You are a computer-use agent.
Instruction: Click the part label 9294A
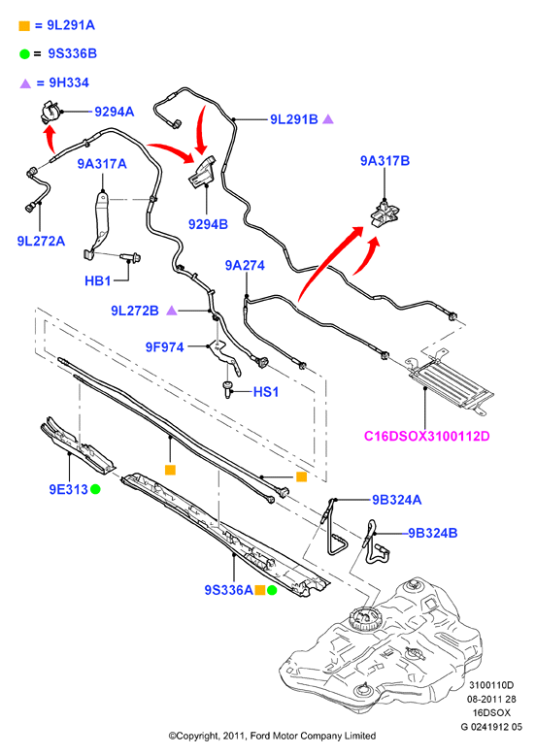click(115, 112)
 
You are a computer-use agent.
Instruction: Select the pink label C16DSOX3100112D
click(426, 437)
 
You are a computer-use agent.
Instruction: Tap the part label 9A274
click(245, 265)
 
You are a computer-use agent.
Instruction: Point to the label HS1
click(266, 392)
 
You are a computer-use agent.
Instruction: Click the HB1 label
click(98, 280)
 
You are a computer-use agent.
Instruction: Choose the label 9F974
click(165, 347)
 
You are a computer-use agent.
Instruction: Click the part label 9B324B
click(433, 533)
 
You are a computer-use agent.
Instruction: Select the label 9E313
click(68, 490)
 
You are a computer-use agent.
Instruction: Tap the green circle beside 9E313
click(95, 490)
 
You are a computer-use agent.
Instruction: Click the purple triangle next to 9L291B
click(328, 119)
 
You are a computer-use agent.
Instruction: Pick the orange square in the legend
click(24, 26)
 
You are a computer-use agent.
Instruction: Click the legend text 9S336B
click(72, 53)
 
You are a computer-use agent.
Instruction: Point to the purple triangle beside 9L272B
click(172, 311)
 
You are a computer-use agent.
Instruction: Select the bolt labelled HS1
click(227, 388)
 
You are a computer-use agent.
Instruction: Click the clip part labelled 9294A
click(50, 114)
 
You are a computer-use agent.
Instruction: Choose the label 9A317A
click(102, 164)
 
